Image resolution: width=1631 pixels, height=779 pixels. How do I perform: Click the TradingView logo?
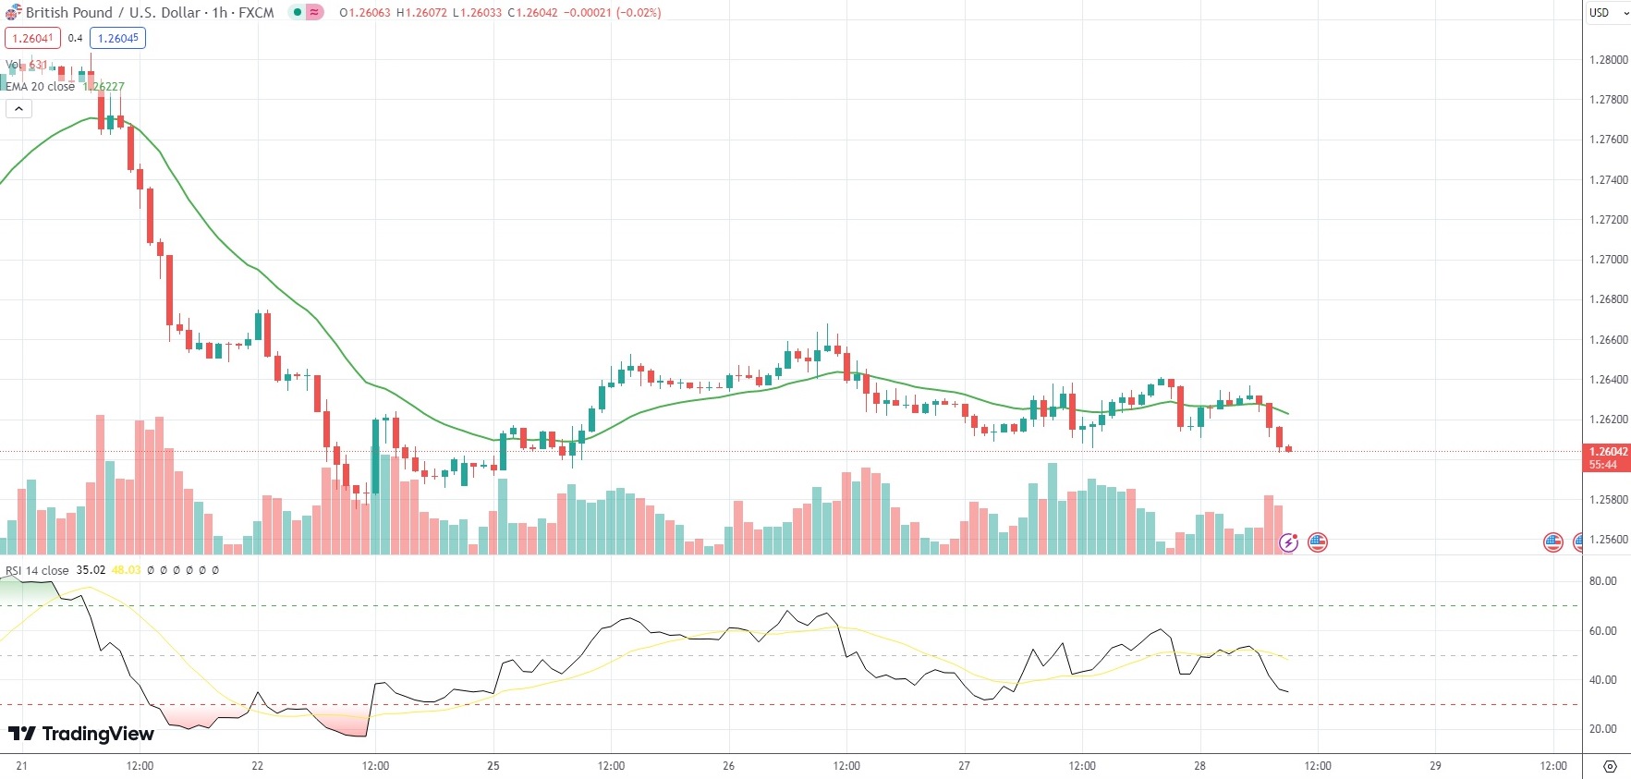coord(81,734)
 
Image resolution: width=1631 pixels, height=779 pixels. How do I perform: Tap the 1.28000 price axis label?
coord(1608,60)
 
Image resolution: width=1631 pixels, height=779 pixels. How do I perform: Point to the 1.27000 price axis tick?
coord(1608,260)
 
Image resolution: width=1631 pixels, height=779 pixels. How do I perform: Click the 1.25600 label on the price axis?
coord(1608,540)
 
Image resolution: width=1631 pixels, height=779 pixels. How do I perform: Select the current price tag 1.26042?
coord(1608,452)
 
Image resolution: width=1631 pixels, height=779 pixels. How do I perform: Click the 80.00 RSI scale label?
coord(1602,581)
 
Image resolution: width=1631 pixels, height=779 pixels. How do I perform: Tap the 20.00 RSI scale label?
coord(1602,729)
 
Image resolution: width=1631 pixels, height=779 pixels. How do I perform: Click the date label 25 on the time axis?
coord(493,766)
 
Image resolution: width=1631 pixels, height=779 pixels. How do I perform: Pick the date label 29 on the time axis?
coord(1435,766)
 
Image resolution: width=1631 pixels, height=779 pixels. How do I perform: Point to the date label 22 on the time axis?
coord(257,766)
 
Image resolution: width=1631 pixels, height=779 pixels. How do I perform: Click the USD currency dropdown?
coord(1608,13)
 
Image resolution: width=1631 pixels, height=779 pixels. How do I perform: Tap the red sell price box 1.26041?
coord(32,39)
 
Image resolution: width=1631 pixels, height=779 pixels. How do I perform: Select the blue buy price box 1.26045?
coord(118,39)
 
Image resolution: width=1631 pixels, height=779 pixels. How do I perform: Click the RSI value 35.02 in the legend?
coord(91,570)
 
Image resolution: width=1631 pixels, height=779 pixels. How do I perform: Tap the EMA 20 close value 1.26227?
coord(104,87)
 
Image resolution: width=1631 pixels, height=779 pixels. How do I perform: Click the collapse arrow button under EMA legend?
coord(18,109)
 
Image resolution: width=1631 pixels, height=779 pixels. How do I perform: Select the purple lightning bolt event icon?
coord(1288,542)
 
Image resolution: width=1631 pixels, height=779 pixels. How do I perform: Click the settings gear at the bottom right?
coord(1610,766)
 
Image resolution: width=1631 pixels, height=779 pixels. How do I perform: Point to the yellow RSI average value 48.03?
coord(126,570)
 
